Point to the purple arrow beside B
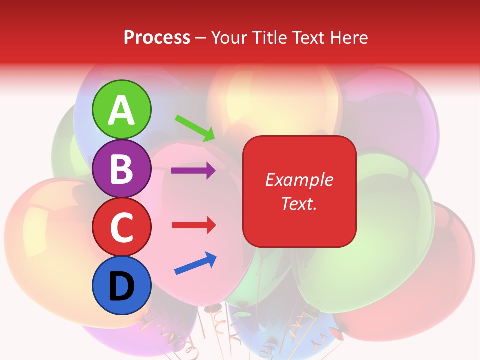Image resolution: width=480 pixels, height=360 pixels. pos(193,171)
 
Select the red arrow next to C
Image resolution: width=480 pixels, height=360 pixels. pos(193,225)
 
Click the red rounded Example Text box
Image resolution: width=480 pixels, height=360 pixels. pos(299,191)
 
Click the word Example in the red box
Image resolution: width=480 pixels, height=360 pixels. pos(299,180)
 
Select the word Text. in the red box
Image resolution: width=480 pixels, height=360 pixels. pos(299,203)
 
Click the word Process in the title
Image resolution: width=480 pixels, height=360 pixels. pos(157,38)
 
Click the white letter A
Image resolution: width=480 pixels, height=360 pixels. pos(122,110)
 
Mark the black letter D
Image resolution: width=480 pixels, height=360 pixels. pos(122,286)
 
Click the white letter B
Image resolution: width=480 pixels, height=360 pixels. pos(122,169)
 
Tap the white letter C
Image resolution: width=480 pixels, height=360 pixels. pos(122,227)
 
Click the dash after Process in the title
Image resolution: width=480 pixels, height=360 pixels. pos(201,39)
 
